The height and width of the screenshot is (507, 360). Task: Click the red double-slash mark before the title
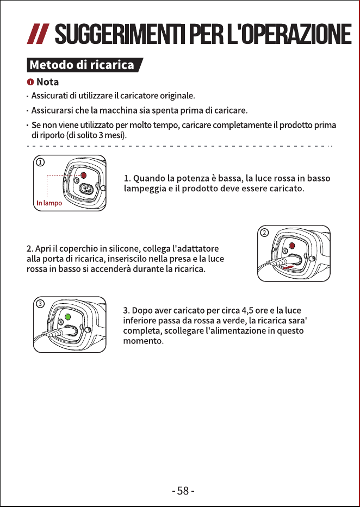point(38,34)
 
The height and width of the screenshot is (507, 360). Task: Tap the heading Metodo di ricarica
point(82,65)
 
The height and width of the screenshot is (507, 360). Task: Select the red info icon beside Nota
point(30,82)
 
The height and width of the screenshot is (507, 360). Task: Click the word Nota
point(47,82)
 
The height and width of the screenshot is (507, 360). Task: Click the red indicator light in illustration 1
point(83,176)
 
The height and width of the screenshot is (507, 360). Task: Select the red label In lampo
point(49,203)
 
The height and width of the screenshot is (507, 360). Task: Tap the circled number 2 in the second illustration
point(264,233)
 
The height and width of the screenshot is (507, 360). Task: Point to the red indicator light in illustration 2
point(292,246)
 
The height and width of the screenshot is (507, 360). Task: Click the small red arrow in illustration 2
point(288,267)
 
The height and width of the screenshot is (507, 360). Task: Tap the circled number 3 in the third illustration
point(40,304)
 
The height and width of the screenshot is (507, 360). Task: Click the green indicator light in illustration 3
point(67,317)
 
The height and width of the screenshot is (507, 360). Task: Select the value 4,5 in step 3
point(247,311)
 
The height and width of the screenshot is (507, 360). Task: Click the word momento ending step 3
point(144,341)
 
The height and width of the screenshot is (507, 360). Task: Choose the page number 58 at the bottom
point(183,491)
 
